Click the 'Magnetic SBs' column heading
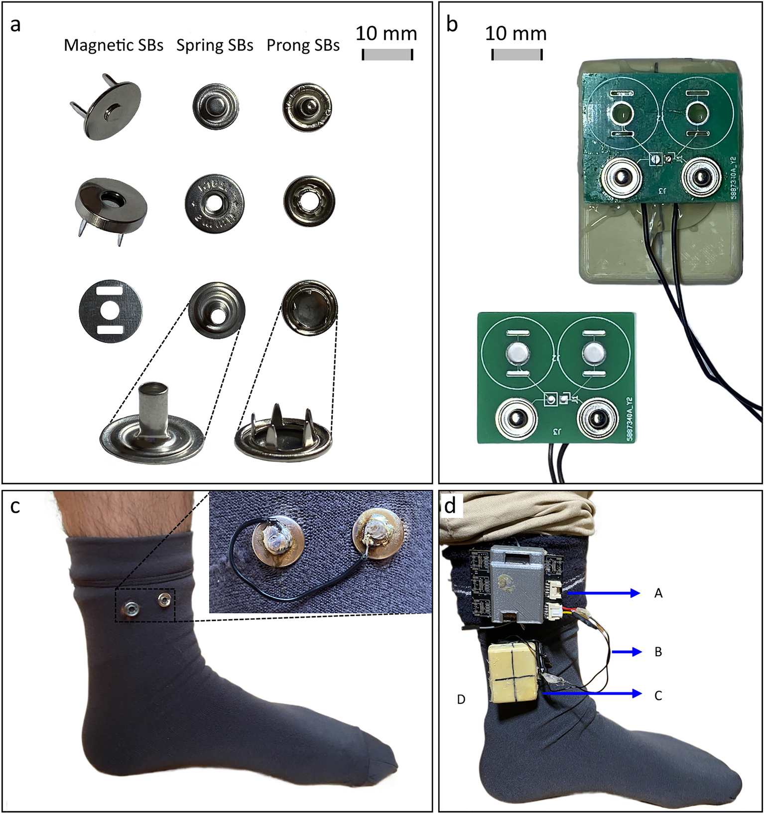tap(114, 45)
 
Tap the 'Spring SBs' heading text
tap(215, 45)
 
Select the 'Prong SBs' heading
tap(303, 45)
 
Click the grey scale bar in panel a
tap(387, 55)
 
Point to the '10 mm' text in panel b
tap(515, 33)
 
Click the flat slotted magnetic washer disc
tap(111, 311)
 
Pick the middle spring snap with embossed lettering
tap(215, 203)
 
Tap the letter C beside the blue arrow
tap(658, 696)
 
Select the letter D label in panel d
tap(461, 699)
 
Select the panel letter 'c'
tap(15, 506)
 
